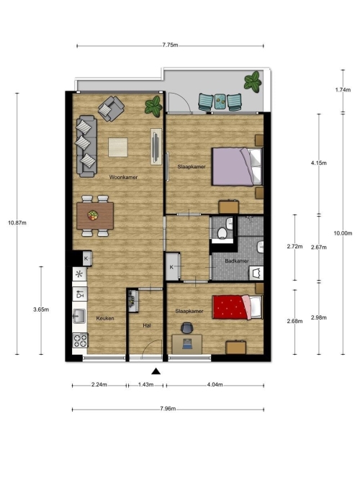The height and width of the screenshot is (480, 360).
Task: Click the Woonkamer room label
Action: pyautogui.click(x=123, y=177)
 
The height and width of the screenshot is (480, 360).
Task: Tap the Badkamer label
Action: pyautogui.click(x=237, y=261)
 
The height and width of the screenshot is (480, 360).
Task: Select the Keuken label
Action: pyautogui.click(x=105, y=318)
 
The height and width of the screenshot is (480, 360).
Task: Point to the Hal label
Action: pyautogui.click(x=147, y=326)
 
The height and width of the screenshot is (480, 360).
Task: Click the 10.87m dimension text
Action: pyautogui.click(x=17, y=223)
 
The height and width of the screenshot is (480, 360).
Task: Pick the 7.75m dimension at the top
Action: pyautogui.click(x=170, y=45)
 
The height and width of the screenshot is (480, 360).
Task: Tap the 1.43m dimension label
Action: pyautogui.click(x=146, y=384)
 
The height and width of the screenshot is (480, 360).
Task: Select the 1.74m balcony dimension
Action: pyautogui.click(x=343, y=90)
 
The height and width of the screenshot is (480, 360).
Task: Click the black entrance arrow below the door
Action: pyautogui.click(x=156, y=371)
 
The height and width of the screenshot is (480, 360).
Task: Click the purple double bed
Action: pyautogui.click(x=237, y=166)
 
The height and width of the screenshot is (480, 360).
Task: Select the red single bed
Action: pyautogui.click(x=238, y=307)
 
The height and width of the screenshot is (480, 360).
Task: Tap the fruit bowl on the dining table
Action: pyautogui.click(x=93, y=215)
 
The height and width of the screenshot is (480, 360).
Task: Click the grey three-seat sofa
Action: pyautogui.click(x=86, y=146)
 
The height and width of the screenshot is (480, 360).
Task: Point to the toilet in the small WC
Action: pyautogui.click(x=222, y=232)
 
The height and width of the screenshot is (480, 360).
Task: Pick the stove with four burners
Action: pyautogui.click(x=80, y=340)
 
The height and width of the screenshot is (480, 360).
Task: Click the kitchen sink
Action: pyautogui.click(x=79, y=316)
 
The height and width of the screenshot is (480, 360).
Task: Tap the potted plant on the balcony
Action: pyautogui.click(x=253, y=81)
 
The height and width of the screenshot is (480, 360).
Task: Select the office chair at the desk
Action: pyautogui.click(x=186, y=328)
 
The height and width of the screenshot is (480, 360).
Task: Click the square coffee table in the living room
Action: pyautogui.click(x=118, y=148)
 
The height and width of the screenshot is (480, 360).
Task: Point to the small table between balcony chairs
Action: pyautogui.click(x=220, y=101)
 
